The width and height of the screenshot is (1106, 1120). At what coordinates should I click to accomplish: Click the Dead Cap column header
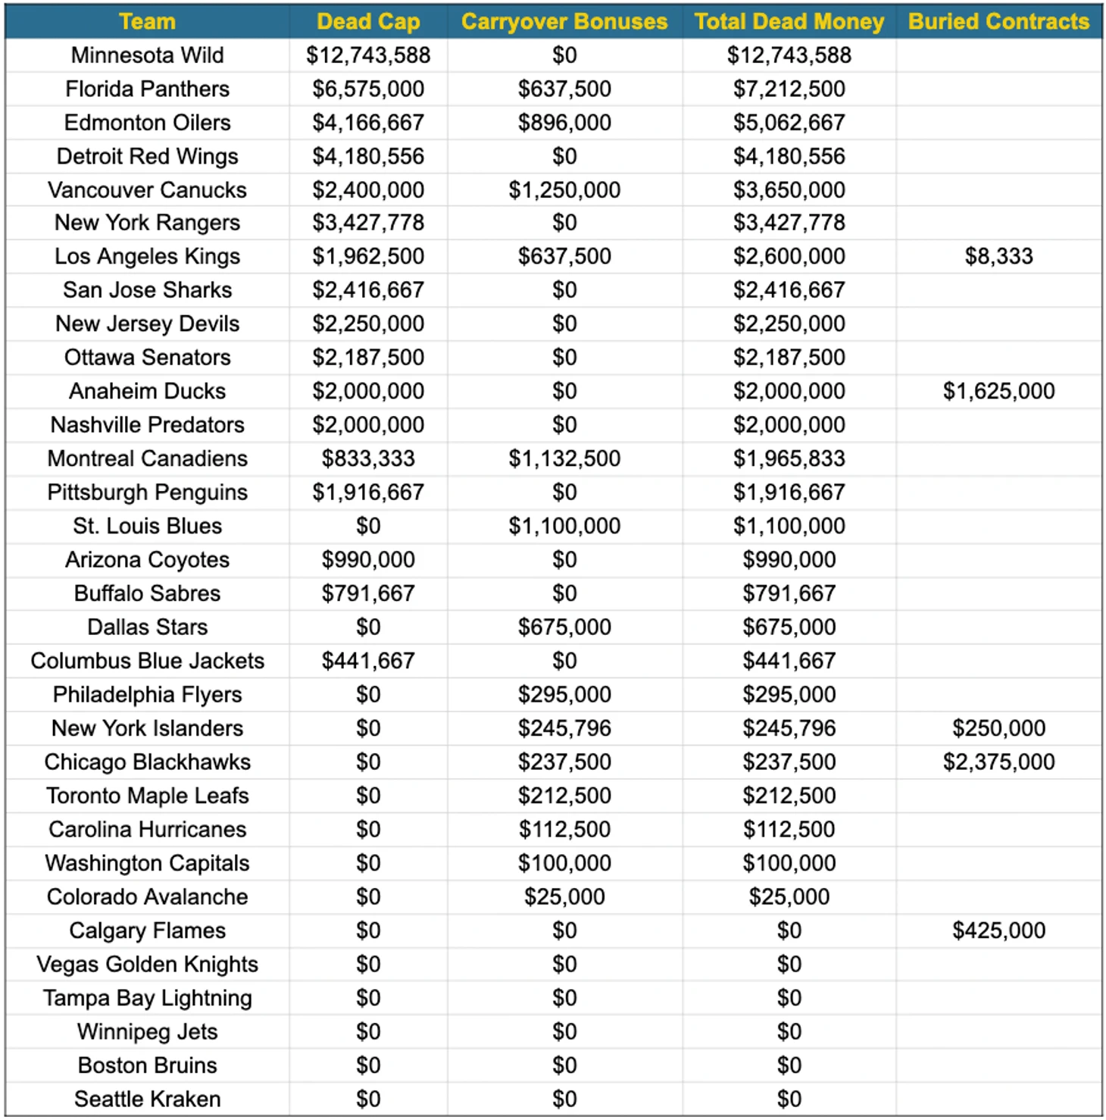pyautogui.click(x=368, y=21)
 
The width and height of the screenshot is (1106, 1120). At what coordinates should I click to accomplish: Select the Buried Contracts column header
pyautogui.click(x=998, y=21)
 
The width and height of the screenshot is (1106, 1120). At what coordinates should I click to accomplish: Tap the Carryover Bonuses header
pyautogui.click(x=564, y=21)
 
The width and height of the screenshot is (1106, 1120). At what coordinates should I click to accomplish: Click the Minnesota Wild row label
pyautogui.click(x=147, y=55)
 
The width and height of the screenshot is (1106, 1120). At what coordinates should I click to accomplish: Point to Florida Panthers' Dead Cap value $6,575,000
pyautogui.click(x=368, y=89)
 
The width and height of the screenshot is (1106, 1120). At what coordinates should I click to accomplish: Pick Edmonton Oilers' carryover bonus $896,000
pyautogui.click(x=564, y=123)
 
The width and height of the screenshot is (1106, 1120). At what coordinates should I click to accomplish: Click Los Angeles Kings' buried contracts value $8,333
pyautogui.click(x=998, y=256)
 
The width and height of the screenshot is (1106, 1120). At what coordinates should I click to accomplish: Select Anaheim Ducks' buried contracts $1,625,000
pyautogui.click(x=998, y=391)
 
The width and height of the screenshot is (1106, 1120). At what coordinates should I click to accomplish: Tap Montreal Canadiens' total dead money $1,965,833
pyautogui.click(x=789, y=458)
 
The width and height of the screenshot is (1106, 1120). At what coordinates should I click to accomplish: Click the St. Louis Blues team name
pyautogui.click(x=147, y=526)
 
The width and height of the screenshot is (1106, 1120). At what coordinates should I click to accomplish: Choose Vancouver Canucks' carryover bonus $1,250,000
pyautogui.click(x=564, y=190)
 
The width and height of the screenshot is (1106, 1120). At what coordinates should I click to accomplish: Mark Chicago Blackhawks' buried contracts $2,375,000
pyautogui.click(x=998, y=762)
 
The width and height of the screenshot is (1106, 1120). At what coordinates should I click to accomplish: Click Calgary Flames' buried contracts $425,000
pyautogui.click(x=998, y=930)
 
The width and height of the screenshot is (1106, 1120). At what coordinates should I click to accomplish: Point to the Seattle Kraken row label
pyautogui.click(x=147, y=1099)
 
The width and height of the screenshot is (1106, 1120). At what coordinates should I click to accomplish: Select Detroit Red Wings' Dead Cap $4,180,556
pyautogui.click(x=368, y=156)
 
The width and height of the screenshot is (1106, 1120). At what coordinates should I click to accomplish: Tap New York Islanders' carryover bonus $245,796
pyautogui.click(x=564, y=728)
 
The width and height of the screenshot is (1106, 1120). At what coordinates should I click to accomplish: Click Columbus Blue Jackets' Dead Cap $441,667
pyautogui.click(x=368, y=661)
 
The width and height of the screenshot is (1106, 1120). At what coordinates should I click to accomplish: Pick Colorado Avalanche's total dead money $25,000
pyautogui.click(x=789, y=896)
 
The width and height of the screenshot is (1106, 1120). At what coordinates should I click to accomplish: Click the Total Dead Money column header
pyautogui.click(x=789, y=21)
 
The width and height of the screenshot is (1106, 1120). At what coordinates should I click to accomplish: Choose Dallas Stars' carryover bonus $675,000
pyautogui.click(x=564, y=627)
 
